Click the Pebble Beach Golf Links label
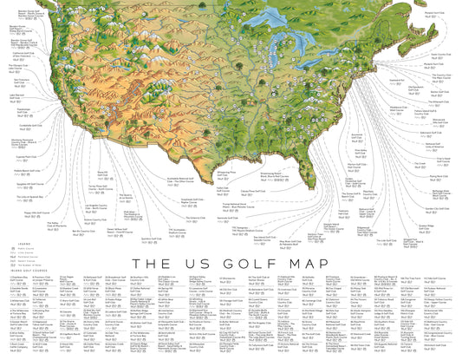click(x=22, y=170)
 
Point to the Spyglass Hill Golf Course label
click(x=23, y=183)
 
